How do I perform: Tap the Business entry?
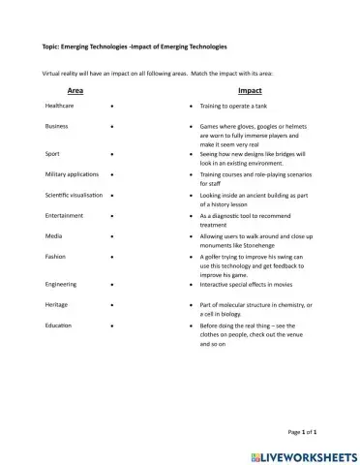[56, 126]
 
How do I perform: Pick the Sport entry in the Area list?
[52, 153]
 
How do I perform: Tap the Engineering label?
[61, 284]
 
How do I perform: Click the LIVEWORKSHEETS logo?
[301, 452]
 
